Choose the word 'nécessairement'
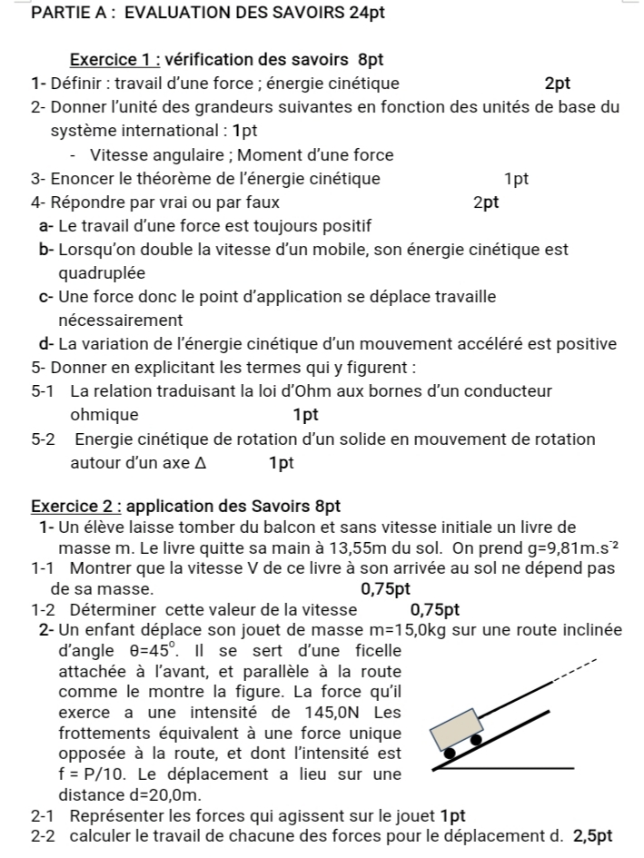click(x=120, y=321)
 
